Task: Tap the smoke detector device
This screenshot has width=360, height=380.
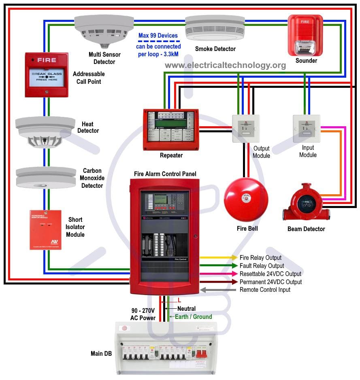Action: click(x=215, y=29)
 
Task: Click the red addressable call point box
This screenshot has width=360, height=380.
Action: click(x=46, y=74)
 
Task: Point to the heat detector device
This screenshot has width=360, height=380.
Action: click(x=45, y=132)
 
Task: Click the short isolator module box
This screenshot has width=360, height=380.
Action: click(x=45, y=229)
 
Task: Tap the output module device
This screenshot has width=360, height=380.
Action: click(x=246, y=129)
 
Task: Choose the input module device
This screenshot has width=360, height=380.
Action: click(x=307, y=129)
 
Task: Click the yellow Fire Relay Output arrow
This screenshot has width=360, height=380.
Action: click(x=218, y=258)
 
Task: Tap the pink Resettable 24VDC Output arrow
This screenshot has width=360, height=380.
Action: click(x=218, y=274)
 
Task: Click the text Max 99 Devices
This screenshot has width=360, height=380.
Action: click(x=158, y=36)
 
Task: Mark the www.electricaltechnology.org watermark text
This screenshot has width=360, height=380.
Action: click(x=225, y=65)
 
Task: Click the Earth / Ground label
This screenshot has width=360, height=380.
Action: click(x=193, y=316)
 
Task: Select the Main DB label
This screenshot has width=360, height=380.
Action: click(x=101, y=354)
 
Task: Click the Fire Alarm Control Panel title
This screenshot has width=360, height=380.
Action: click(x=165, y=174)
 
